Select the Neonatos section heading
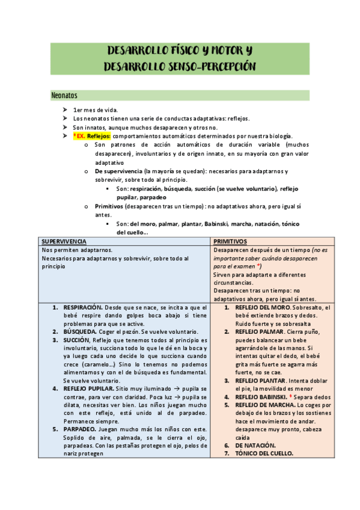65,96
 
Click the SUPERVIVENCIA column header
63,241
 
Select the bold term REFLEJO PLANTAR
255,381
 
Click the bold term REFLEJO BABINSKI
257,398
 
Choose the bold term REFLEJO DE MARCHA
261,405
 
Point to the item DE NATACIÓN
255,446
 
